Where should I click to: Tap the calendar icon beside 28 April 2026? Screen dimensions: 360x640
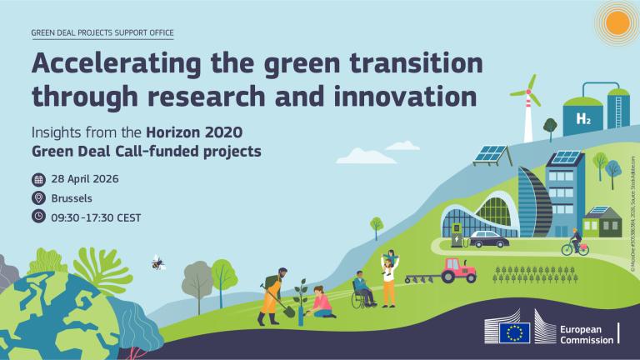(x=38, y=179)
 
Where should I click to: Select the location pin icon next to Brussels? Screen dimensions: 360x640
(x=38, y=198)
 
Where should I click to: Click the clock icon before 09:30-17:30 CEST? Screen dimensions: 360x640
(x=38, y=217)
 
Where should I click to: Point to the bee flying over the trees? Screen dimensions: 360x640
(x=157, y=262)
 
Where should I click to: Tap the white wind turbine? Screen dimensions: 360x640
(x=526, y=108)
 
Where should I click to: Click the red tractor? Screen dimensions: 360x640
(x=459, y=268)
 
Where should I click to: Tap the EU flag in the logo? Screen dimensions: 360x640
(x=514, y=332)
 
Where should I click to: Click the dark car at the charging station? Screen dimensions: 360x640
(x=487, y=240)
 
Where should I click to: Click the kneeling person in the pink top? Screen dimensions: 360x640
(x=320, y=302)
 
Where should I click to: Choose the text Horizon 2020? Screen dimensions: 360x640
(x=203, y=134)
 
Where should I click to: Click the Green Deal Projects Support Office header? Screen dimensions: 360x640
(x=102, y=32)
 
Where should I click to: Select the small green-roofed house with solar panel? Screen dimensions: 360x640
(x=602, y=221)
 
